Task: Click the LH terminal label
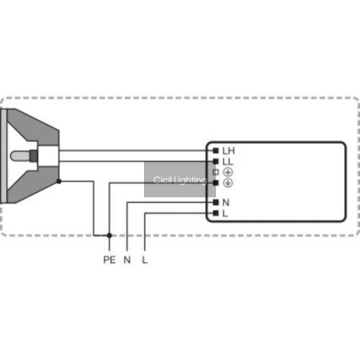[228, 151]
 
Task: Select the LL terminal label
[228, 162]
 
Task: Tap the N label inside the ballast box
[226, 203]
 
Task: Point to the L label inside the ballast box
[225, 213]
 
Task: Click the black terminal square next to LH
[216, 150]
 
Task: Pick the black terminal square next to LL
[216, 161]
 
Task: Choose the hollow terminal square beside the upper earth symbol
[216, 172]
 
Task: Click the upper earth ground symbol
[228, 172]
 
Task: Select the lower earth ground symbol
[228, 183]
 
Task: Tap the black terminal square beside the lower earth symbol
[216, 183]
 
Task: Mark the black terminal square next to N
[216, 202]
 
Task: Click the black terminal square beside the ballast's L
[216, 213]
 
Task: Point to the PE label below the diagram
[109, 260]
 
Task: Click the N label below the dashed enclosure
[127, 260]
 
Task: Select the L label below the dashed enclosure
[145, 260]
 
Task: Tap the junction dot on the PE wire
[109, 235]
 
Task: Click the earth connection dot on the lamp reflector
[59, 181]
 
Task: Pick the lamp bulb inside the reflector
[19, 156]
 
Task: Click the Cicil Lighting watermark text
[180, 180]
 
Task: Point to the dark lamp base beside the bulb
[34, 156]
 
